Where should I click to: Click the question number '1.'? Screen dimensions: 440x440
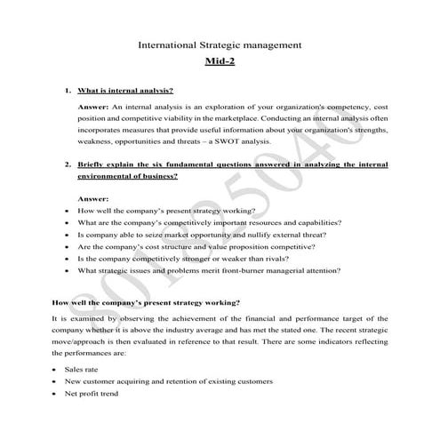[68, 91]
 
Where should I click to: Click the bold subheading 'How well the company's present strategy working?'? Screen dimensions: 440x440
[146, 301]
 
